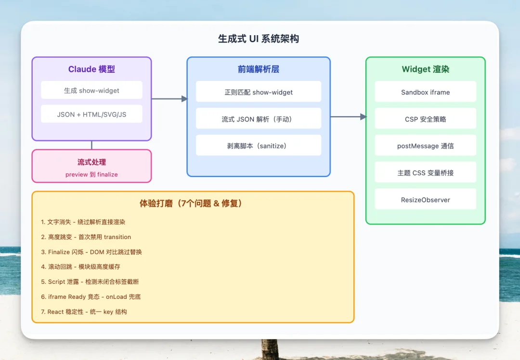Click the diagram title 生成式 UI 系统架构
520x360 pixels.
coord(259,39)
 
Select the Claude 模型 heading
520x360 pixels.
coord(91,69)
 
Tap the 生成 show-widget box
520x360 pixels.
coord(91,90)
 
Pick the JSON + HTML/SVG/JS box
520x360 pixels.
coord(91,114)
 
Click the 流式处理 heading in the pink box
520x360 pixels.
coord(91,162)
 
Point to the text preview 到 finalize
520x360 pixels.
coord(91,174)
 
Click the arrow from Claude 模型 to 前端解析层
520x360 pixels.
coord(169,99)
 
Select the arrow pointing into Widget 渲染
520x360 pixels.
coord(348,117)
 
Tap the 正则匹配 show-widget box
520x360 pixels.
coord(259,92)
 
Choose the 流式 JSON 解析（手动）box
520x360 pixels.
coord(259,119)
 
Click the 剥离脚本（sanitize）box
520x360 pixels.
coord(259,146)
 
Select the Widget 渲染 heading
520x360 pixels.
coord(425,69)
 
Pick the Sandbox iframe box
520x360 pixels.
coord(425,92)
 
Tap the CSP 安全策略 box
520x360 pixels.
coord(425,119)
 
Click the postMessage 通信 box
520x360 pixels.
coord(425,146)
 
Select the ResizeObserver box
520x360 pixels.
coord(425,200)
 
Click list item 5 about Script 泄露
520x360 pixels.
coord(90,282)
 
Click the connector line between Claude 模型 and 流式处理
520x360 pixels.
coord(91,145)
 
